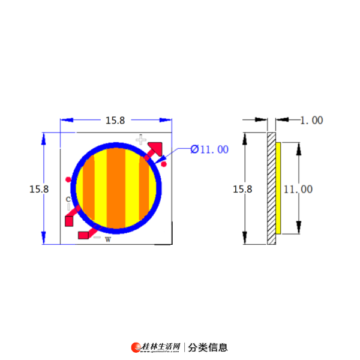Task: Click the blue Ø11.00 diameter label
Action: coord(209,149)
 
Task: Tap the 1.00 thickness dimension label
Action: coord(312,121)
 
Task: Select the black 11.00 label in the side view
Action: coord(298,190)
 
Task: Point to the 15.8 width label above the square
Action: coord(115,121)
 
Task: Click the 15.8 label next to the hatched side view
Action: coord(242,189)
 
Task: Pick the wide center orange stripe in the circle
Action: coord(116,188)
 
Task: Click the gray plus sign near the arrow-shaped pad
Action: coord(141,140)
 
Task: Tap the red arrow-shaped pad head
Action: coord(155,148)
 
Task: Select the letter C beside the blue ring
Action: coord(68,199)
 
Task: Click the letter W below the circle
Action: coord(108,239)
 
